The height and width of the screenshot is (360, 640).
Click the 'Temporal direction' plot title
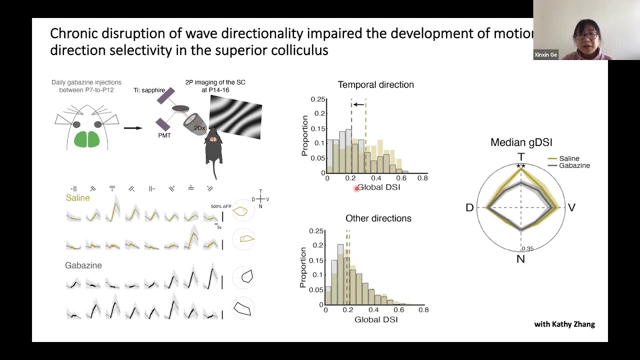click(x=375, y=85)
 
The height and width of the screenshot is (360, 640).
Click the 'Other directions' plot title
click(x=378, y=218)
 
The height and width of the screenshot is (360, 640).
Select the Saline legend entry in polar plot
click(x=569, y=158)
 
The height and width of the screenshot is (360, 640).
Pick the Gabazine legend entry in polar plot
click(x=574, y=165)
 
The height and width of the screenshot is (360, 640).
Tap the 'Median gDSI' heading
click(x=521, y=142)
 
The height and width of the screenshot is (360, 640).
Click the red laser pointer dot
click(x=356, y=188)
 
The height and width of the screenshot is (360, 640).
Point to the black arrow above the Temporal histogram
click(x=358, y=104)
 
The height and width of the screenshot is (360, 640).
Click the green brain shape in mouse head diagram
click(x=87, y=139)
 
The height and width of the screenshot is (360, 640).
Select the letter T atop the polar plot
click(x=521, y=157)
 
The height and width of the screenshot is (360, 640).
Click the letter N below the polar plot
click(x=520, y=259)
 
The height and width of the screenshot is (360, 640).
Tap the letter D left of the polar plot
click(x=469, y=207)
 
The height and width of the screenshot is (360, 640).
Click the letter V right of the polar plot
click(x=571, y=207)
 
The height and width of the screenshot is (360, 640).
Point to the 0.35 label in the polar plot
click(x=527, y=248)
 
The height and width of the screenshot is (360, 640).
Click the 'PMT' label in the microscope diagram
click(x=164, y=135)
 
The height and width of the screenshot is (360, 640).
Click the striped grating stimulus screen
click(x=235, y=117)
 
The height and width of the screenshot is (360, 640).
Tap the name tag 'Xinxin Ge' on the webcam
click(x=545, y=55)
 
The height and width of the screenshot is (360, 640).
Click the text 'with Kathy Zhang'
click(x=564, y=324)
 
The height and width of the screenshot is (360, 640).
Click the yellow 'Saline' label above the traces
click(x=78, y=198)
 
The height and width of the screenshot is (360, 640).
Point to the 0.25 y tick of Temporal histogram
click(x=318, y=99)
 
